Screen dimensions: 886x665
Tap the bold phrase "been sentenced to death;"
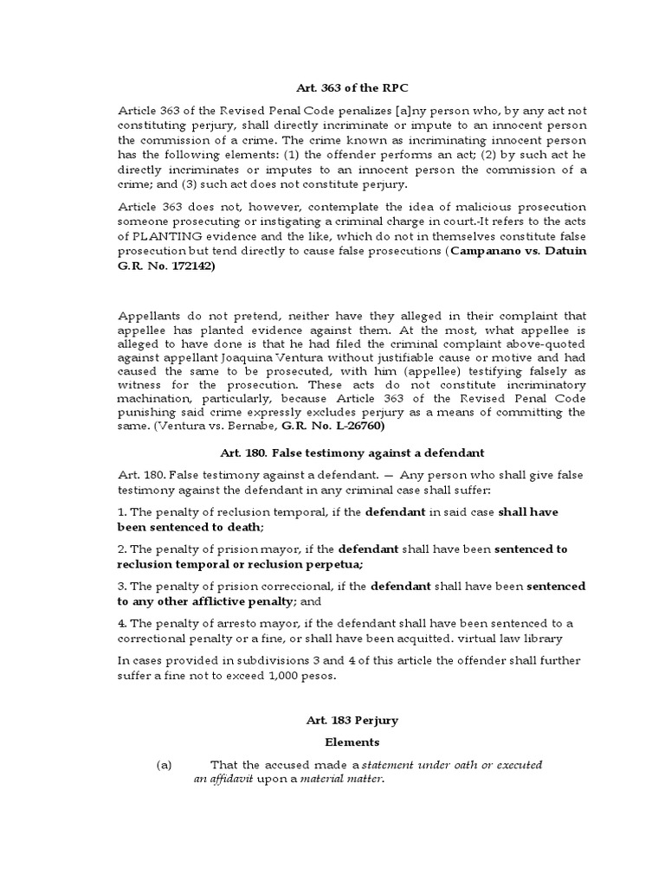[190, 526]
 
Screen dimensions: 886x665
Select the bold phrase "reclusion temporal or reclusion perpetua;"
[229, 563]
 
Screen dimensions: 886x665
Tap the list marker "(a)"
[165, 765]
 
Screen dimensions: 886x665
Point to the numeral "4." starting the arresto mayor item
[123, 623]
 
